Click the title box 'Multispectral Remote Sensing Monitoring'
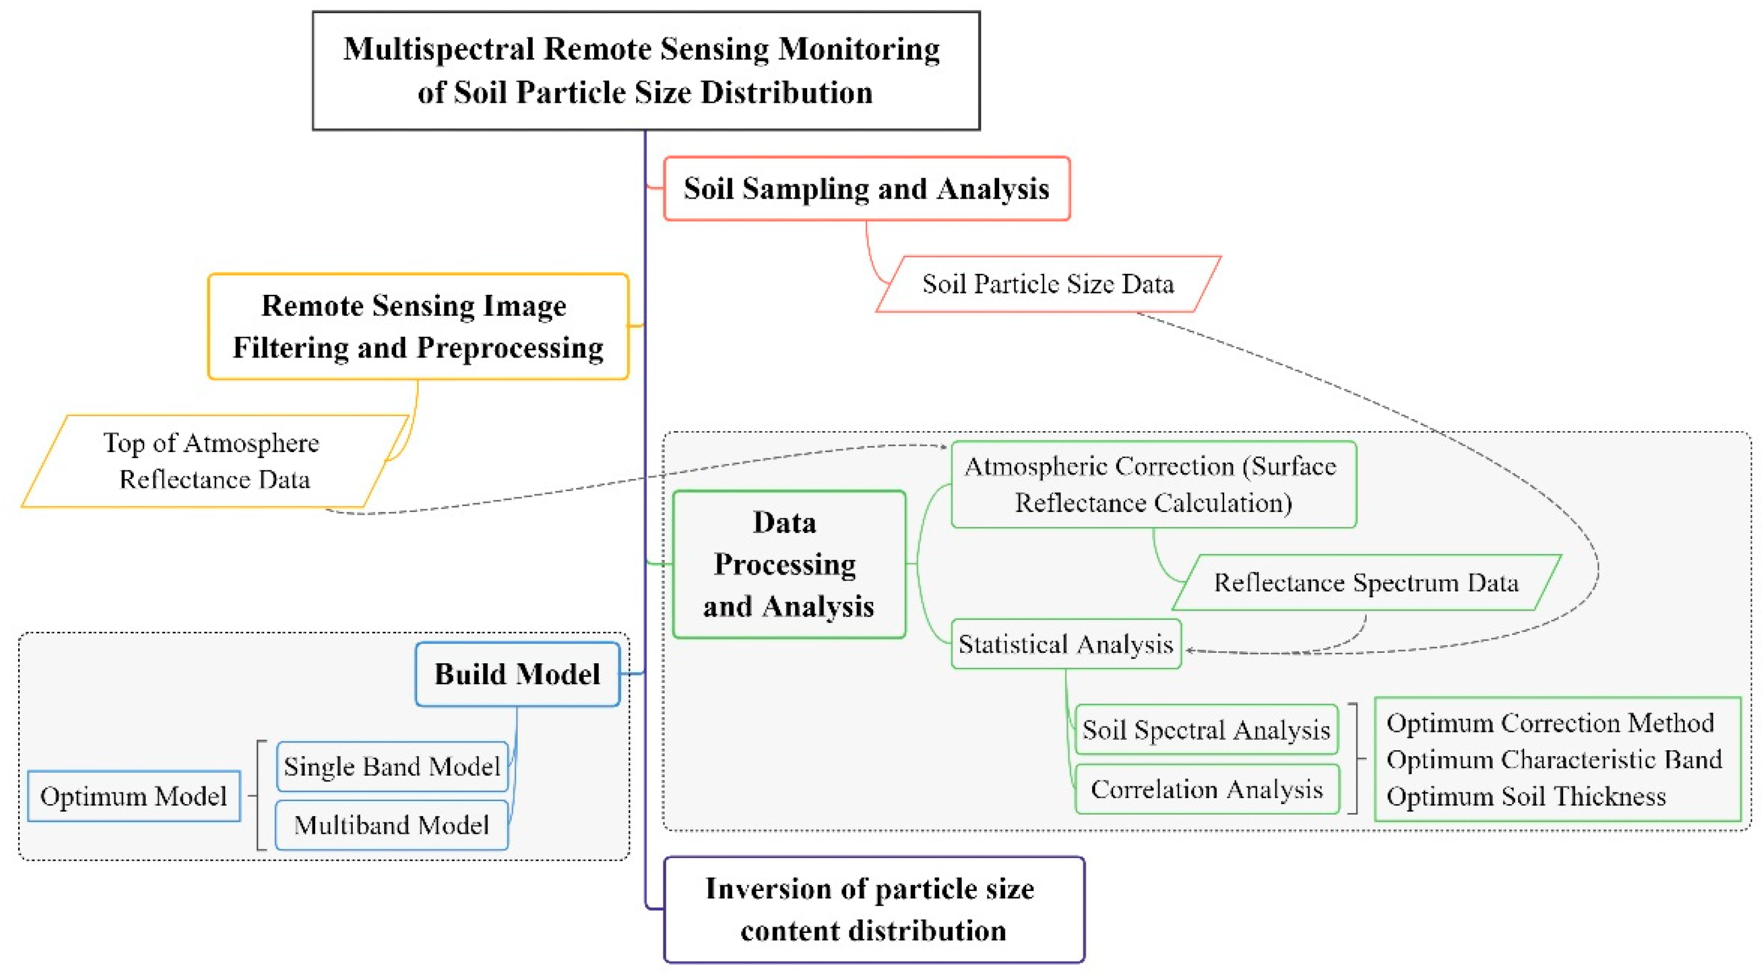pos(646,70)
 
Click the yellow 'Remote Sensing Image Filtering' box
pos(418,327)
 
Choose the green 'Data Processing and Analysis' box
pos(789,564)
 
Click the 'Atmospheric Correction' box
pos(1153,484)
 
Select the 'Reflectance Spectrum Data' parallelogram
pos(1366,582)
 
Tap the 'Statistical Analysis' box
pos(1066,644)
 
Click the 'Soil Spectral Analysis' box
pos(1206,730)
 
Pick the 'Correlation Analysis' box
pos(1207,789)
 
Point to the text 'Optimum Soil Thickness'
pos(1526,796)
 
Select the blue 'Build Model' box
pos(517,674)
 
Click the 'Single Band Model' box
pos(392,767)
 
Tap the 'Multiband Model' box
pos(392,825)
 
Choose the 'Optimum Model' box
pos(134,796)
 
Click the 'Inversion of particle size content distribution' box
pos(873,910)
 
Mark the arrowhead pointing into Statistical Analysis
pos(1190,651)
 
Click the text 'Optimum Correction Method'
pos(1549,723)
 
